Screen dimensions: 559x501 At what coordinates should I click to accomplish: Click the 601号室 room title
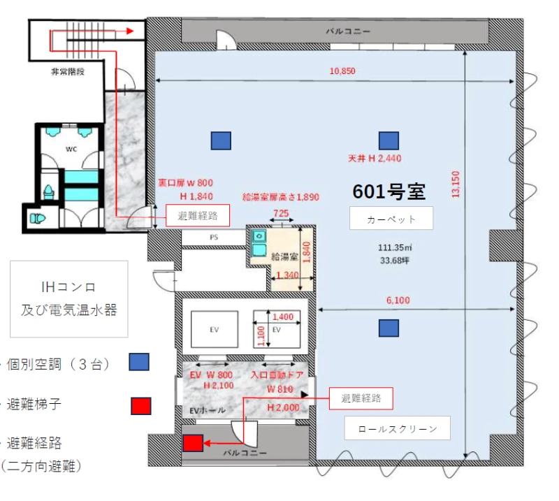[389, 191]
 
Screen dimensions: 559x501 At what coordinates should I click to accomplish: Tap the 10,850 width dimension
[342, 71]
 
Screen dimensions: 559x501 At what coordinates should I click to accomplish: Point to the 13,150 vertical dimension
[456, 184]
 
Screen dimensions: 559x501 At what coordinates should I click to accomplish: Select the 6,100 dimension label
[398, 300]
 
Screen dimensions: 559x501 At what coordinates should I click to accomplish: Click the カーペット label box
[391, 218]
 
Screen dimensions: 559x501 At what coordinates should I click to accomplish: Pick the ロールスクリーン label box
[397, 428]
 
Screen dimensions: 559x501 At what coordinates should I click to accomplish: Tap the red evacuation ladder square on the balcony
[193, 443]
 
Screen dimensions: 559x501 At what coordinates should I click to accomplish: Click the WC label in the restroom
[71, 149]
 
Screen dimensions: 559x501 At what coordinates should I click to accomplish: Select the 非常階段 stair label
[68, 72]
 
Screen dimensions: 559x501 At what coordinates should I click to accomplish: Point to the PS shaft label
[214, 237]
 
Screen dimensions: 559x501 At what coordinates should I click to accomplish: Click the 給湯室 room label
[284, 256]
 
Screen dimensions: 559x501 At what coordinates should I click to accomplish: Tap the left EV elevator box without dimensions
[215, 329]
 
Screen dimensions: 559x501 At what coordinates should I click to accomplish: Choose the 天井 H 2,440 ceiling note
[375, 159]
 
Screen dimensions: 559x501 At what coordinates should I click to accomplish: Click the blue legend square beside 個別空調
[139, 362]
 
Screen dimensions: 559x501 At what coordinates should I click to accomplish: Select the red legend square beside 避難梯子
[141, 406]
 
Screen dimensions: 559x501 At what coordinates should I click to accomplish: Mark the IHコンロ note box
[68, 299]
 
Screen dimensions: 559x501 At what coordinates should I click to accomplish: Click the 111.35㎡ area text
[395, 247]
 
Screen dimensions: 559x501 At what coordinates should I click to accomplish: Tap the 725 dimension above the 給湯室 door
[281, 213]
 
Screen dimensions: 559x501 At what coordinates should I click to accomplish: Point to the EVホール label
[208, 410]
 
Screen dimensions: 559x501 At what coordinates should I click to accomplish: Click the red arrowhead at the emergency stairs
[130, 31]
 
